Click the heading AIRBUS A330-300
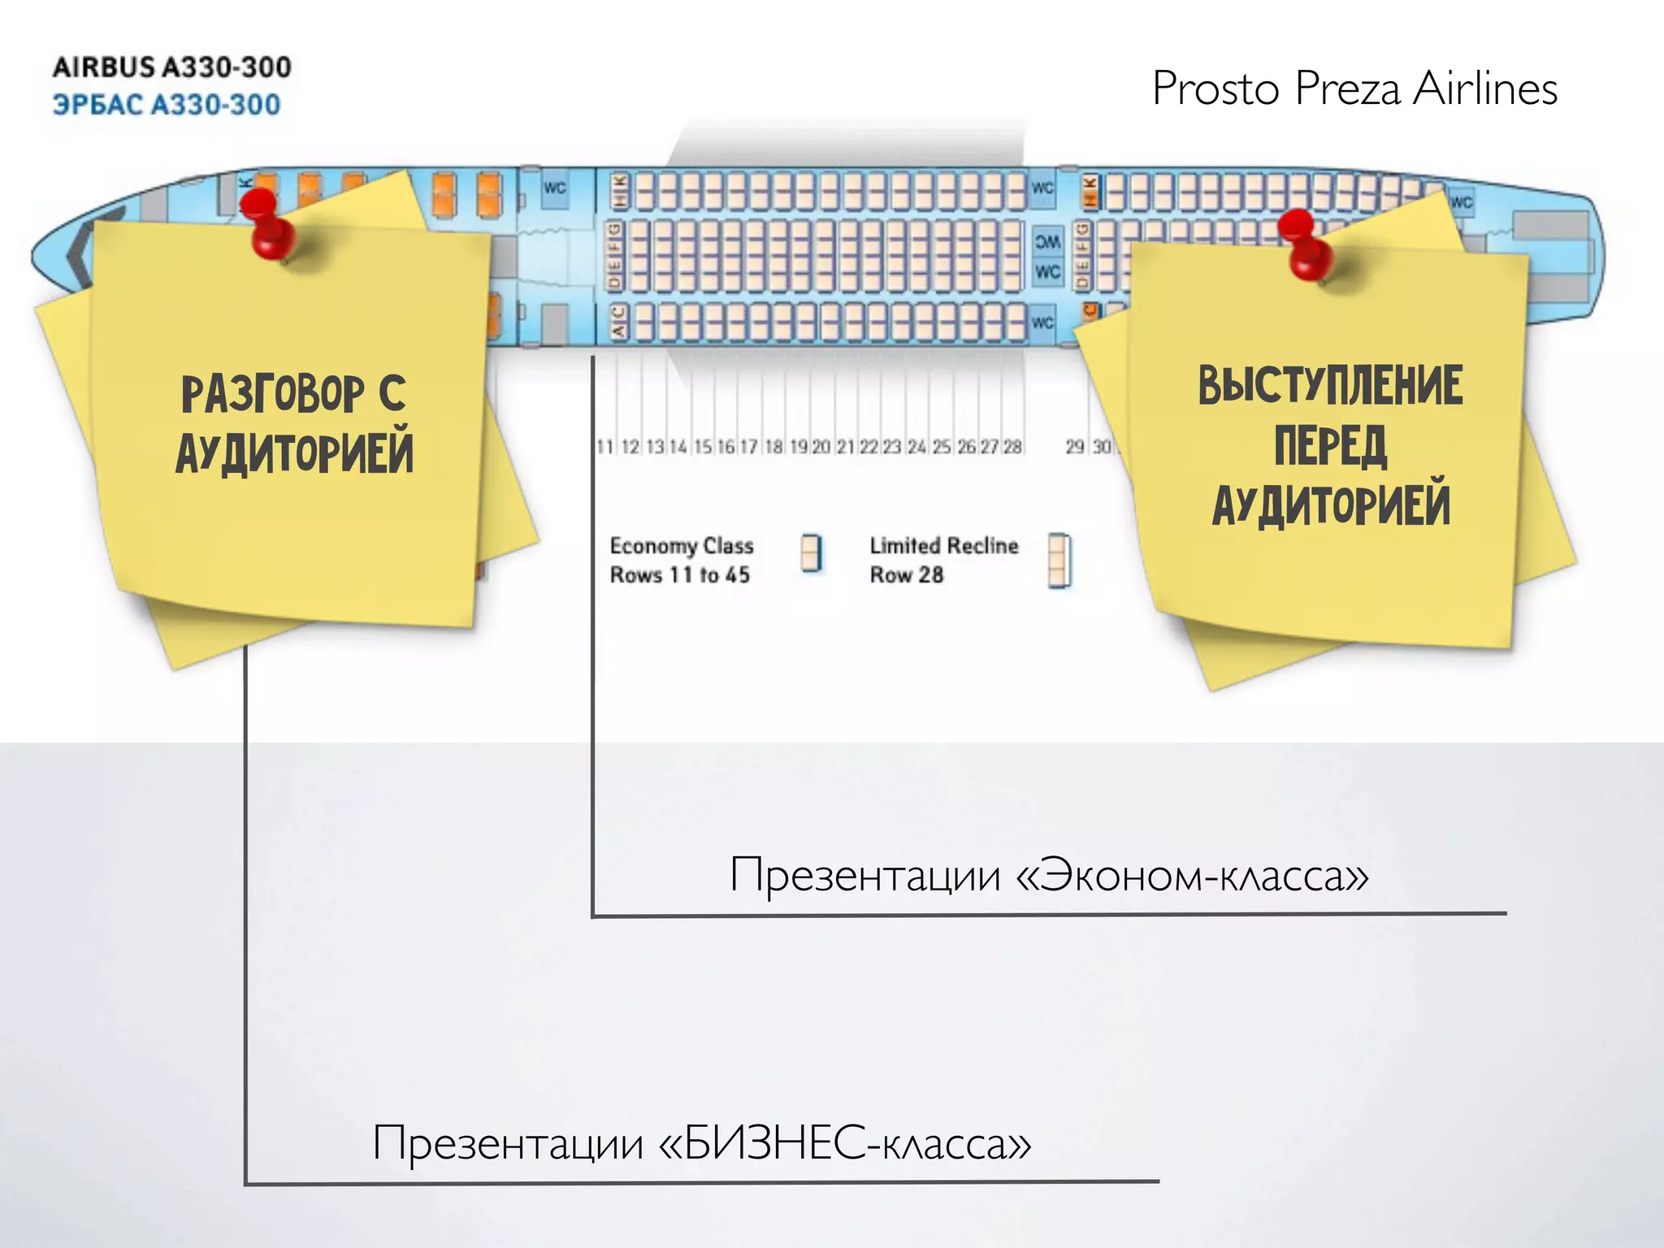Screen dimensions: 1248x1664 pyautogui.click(x=171, y=67)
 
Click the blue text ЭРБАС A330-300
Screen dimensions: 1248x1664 pyautogui.click(x=167, y=105)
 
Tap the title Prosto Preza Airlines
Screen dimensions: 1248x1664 pyautogui.click(x=1354, y=89)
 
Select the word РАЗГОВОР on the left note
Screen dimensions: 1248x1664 pyautogui.click(x=272, y=395)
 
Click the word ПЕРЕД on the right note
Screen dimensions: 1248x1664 pyautogui.click(x=1330, y=446)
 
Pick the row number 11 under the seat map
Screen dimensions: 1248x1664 pyautogui.click(x=604, y=447)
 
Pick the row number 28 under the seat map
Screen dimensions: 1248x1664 pyautogui.click(x=1012, y=447)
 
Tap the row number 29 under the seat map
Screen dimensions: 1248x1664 pyautogui.click(x=1075, y=447)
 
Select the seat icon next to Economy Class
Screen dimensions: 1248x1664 pyautogui.click(x=811, y=553)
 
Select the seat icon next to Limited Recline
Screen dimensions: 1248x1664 pyautogui.click(x=1059, y=560)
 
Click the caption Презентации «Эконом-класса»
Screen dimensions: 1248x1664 pyautogui.click(x=1049, y=875)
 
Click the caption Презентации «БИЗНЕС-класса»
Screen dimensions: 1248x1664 pyautogui.click(x=702, y=1142)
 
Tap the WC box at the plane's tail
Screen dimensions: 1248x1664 pyautogui.click(x=1461, y=202)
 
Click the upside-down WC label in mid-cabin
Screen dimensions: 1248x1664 pyautogui.click(x=1047, y=241)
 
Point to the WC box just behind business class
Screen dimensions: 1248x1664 pyautogui.click(x=555, y=188)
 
